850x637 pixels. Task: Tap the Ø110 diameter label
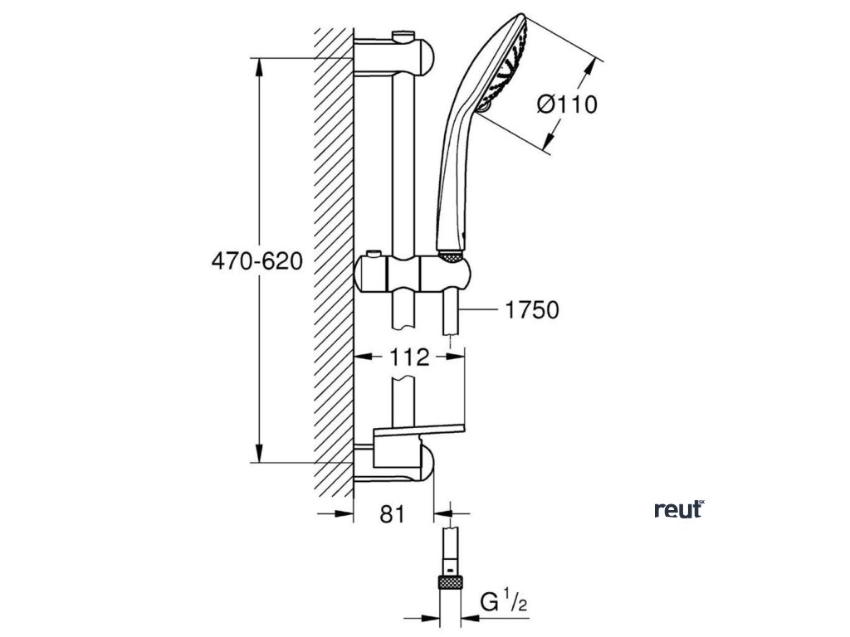point(567,105)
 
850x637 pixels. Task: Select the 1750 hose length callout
point(531,310)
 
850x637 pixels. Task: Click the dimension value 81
point(391,514)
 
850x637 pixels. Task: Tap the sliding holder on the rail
point(415,273)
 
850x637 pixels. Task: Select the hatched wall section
point(335,265)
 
